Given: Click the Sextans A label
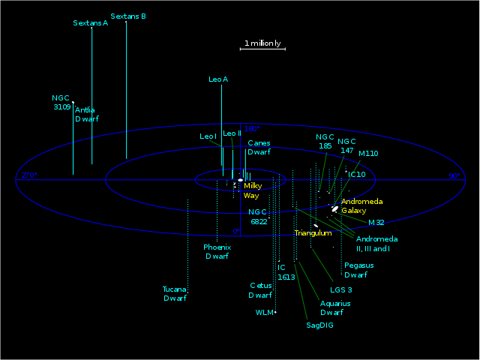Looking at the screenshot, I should pos(90,23).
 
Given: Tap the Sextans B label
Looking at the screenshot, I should pos(127,16).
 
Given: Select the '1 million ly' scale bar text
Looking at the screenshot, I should pos(262,43).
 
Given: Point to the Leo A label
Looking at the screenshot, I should pos(218,79).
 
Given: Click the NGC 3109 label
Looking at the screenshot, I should pos(61,102).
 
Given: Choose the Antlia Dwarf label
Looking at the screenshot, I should pos(86,114).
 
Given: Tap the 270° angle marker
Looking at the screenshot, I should pos(29,175).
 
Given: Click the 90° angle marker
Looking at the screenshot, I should pos(454,176).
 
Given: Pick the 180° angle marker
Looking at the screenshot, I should pos(251,129).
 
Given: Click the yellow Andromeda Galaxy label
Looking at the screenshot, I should pos(362,206).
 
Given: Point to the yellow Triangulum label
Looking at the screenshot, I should pos(313,233).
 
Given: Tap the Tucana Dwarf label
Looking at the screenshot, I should pos(174,293).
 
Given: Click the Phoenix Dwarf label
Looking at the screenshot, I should pos(217,251).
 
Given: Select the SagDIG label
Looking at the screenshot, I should pos(319,325).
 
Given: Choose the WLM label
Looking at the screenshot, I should pos(264,312).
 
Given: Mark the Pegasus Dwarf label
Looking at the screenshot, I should pos(358,270).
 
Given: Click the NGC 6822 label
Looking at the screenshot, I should pos(258,216).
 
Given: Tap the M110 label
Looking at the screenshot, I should pos(368,154).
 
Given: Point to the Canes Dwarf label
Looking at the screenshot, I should pos(259,147).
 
